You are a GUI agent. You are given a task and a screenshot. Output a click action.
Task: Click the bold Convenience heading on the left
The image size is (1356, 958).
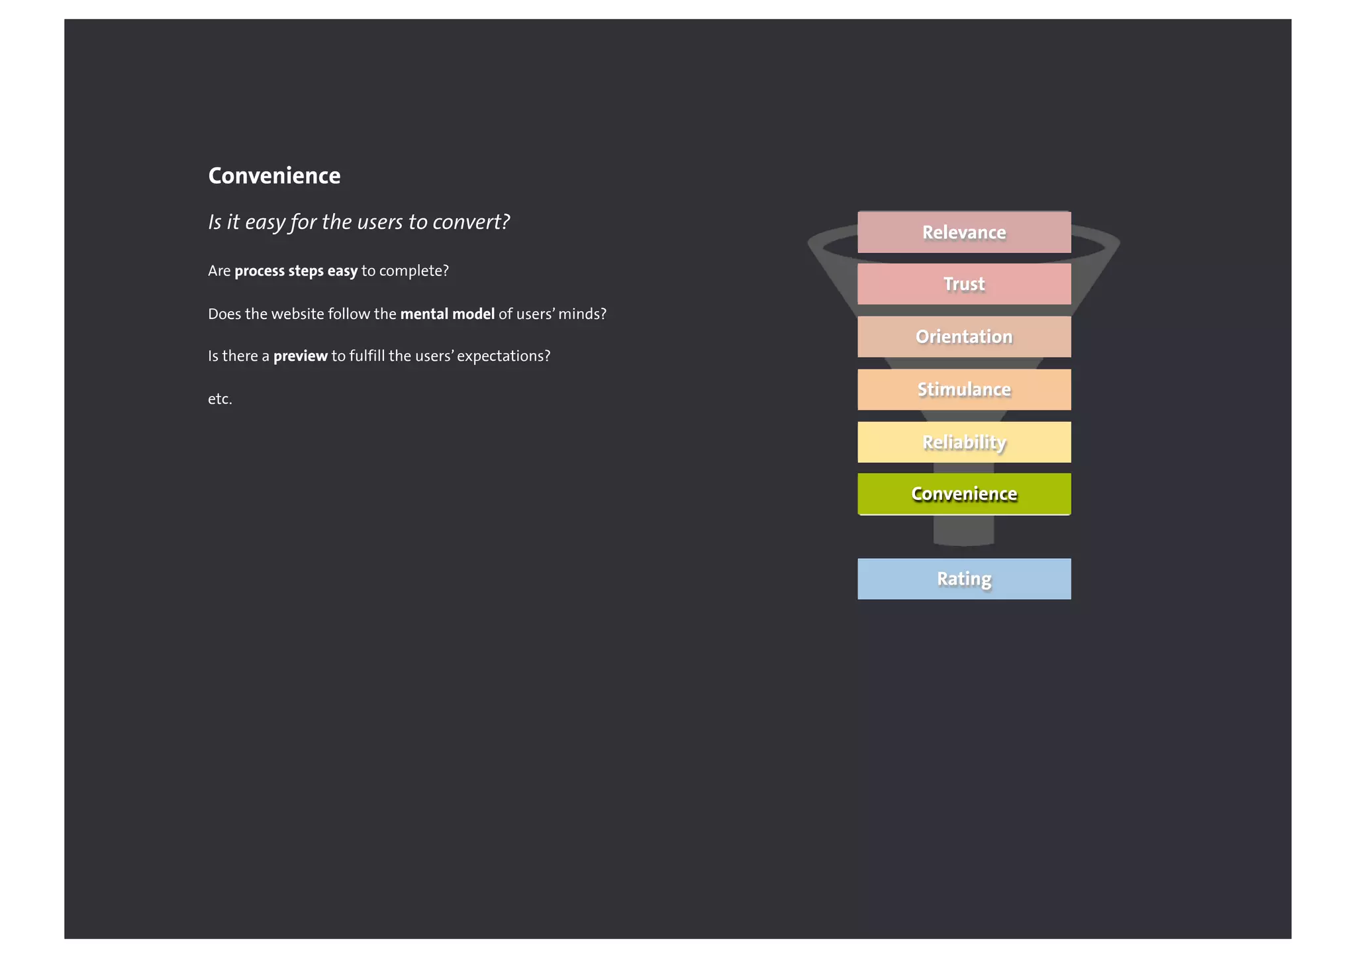(274, 175)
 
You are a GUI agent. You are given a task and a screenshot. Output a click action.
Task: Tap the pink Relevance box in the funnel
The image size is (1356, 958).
(963, 232)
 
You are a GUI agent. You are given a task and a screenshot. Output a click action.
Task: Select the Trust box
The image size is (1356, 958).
(963, 284)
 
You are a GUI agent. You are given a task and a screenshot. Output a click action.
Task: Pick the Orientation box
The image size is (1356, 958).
(963, 336)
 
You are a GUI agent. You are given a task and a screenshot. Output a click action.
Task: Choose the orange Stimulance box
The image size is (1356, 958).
(963, 389)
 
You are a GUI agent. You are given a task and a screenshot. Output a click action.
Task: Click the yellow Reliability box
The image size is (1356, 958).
(963, 442)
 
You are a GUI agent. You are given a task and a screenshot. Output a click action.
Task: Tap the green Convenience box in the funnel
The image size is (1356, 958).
(963, 494)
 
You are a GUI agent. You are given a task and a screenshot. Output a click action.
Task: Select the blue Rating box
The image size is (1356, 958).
(963, 579)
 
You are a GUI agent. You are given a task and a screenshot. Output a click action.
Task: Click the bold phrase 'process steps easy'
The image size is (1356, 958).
(296, 271)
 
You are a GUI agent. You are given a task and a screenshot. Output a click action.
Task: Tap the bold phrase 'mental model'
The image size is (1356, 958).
(447, 314)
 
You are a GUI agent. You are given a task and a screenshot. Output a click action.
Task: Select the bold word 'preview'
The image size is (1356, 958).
(300, 356)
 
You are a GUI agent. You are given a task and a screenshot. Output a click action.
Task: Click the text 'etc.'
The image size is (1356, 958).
(220, 399)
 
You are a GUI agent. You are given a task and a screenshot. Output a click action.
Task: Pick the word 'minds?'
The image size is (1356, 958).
(582, 314)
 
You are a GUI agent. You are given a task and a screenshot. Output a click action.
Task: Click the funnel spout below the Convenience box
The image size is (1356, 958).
(963, 530)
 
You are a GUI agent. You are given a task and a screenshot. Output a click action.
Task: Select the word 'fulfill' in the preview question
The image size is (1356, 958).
(367, 356)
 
